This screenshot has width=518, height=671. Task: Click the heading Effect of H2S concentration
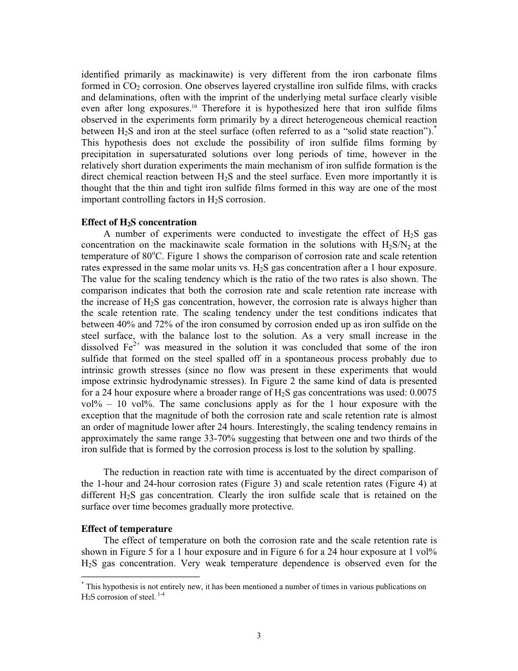tap(138, 222)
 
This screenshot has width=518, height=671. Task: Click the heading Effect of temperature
tap(127, 529)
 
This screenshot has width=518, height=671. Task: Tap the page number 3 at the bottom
tap(259, 636)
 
